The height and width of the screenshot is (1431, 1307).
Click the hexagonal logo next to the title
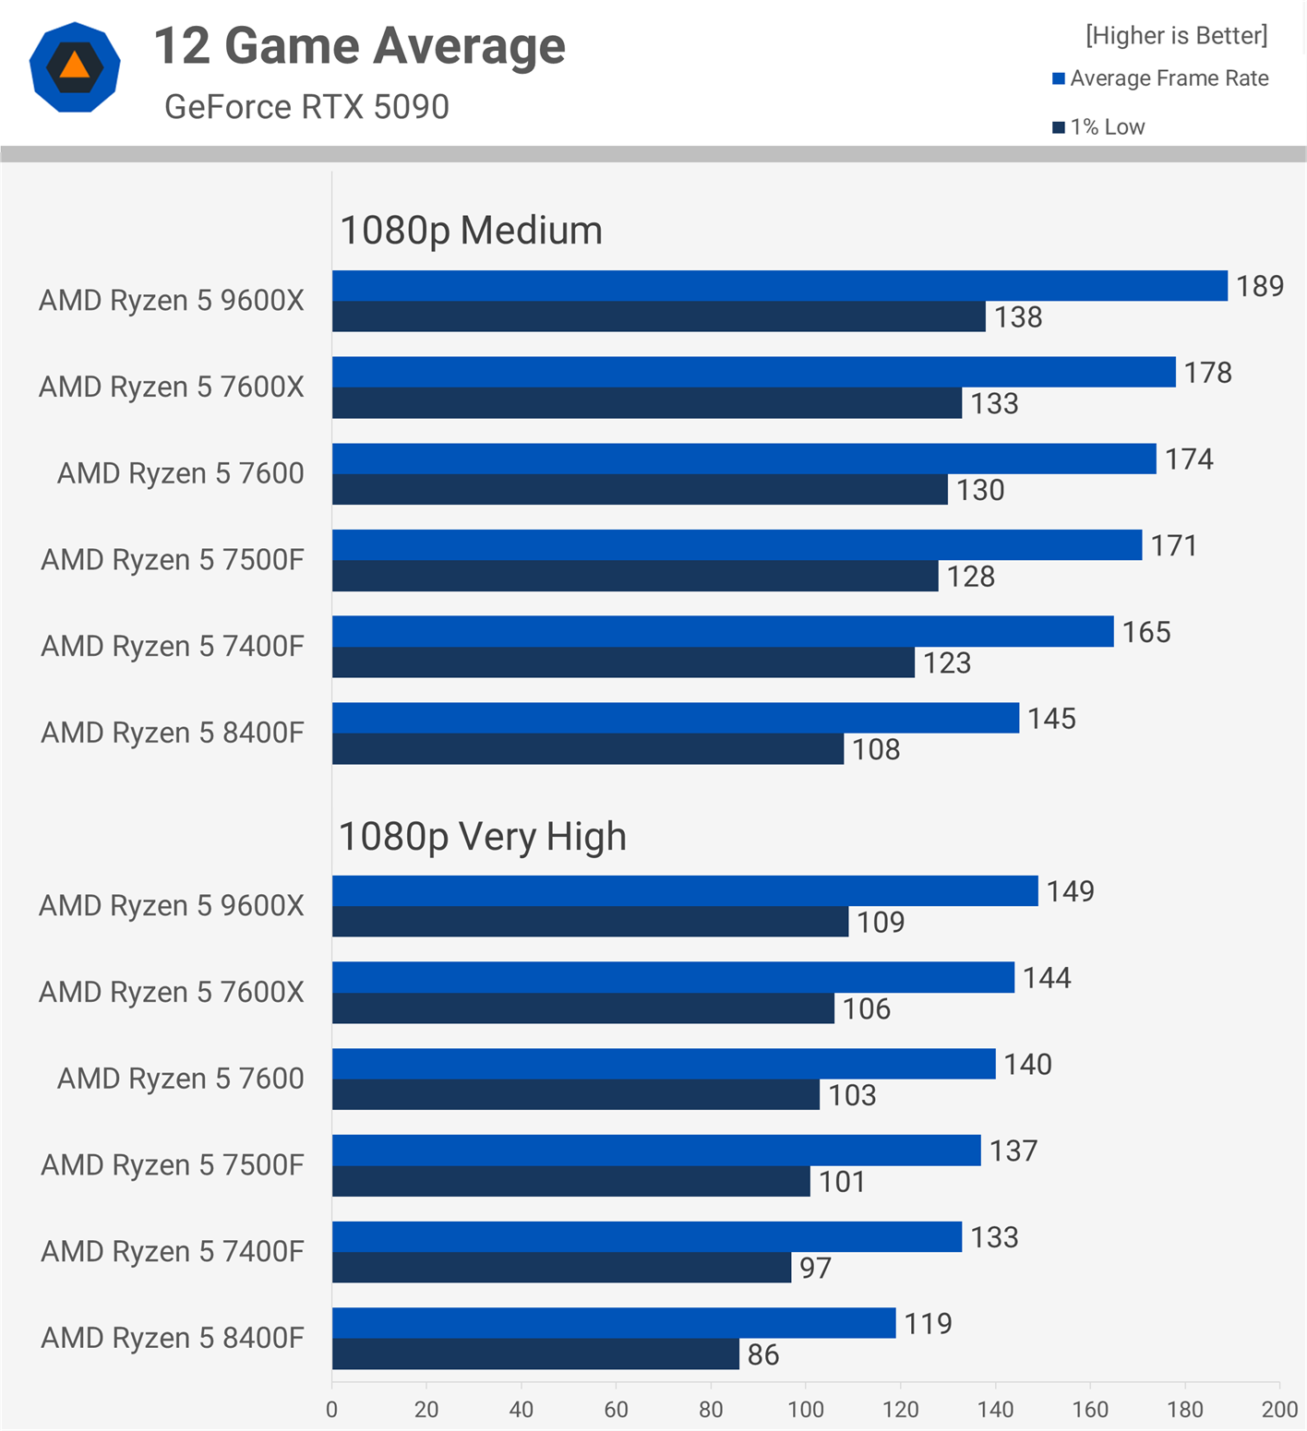pos(75,67)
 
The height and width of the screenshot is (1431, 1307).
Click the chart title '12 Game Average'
pos(359,46)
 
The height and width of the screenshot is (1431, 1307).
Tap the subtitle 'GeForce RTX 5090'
pos(306,107)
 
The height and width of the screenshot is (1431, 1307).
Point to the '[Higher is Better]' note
pos(1176,36)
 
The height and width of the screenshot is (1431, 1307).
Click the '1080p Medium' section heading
pos(471,231)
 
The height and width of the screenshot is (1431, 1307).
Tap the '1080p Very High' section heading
pos(483,837)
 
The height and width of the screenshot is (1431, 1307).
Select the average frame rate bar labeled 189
pos(779,286)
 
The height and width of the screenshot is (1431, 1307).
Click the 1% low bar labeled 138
pos(658,316)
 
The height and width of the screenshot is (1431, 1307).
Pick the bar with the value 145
pos(675,718)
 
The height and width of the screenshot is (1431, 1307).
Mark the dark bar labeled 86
pos(535,1354)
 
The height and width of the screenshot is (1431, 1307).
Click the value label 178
pos(1207,373)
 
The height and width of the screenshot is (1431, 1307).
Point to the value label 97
pos(815,1268)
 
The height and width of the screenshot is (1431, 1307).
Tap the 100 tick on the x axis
pos(806,1409)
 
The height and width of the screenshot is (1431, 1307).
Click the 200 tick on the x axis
pos(1279,1409)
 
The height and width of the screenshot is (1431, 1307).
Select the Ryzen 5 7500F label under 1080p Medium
pos(173,560)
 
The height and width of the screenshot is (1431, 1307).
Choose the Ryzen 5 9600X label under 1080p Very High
pos(172,906)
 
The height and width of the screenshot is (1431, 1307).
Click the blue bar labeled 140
pos(664,1064)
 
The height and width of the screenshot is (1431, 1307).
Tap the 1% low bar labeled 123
pos(623,662)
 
